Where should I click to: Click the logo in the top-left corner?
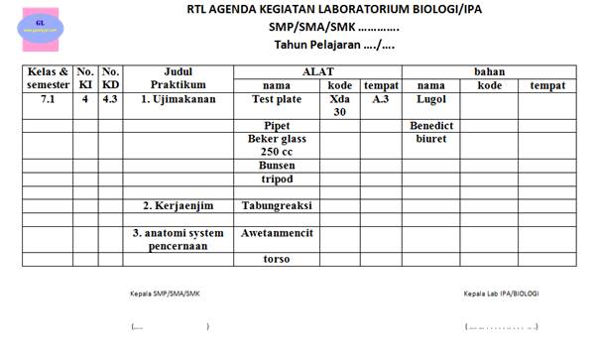(39, 25)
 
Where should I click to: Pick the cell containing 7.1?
(49, 99)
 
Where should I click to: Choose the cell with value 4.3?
(111, 99)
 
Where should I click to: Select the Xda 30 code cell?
(339, 105)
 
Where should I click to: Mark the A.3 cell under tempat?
(381, 99)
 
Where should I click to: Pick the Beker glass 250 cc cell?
(277, 146)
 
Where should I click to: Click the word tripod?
(277, 180)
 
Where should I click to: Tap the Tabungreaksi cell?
(277, 205)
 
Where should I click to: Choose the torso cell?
(277, 259)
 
